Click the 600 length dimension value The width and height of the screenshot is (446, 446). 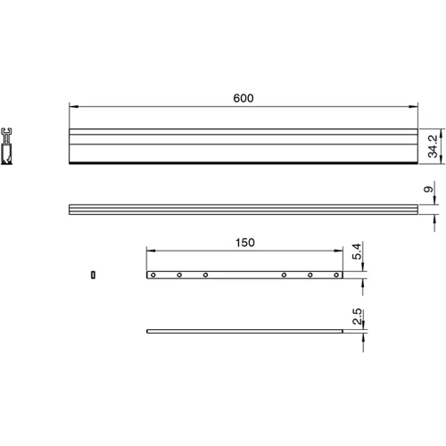point(244,98)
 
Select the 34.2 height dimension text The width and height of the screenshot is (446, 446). point(433,146)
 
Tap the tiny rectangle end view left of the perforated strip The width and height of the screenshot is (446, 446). point(93,274)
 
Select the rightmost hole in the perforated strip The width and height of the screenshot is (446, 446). point(335,275)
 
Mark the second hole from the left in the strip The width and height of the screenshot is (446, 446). point(179,275)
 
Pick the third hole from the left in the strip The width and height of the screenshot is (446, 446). point(205,275)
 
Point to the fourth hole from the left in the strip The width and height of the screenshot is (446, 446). point(284,275)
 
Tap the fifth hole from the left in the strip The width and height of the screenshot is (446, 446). point(310,275)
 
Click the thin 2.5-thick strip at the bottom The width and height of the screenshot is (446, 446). point(245,332)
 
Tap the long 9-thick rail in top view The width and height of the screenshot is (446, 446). point(243,211)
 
